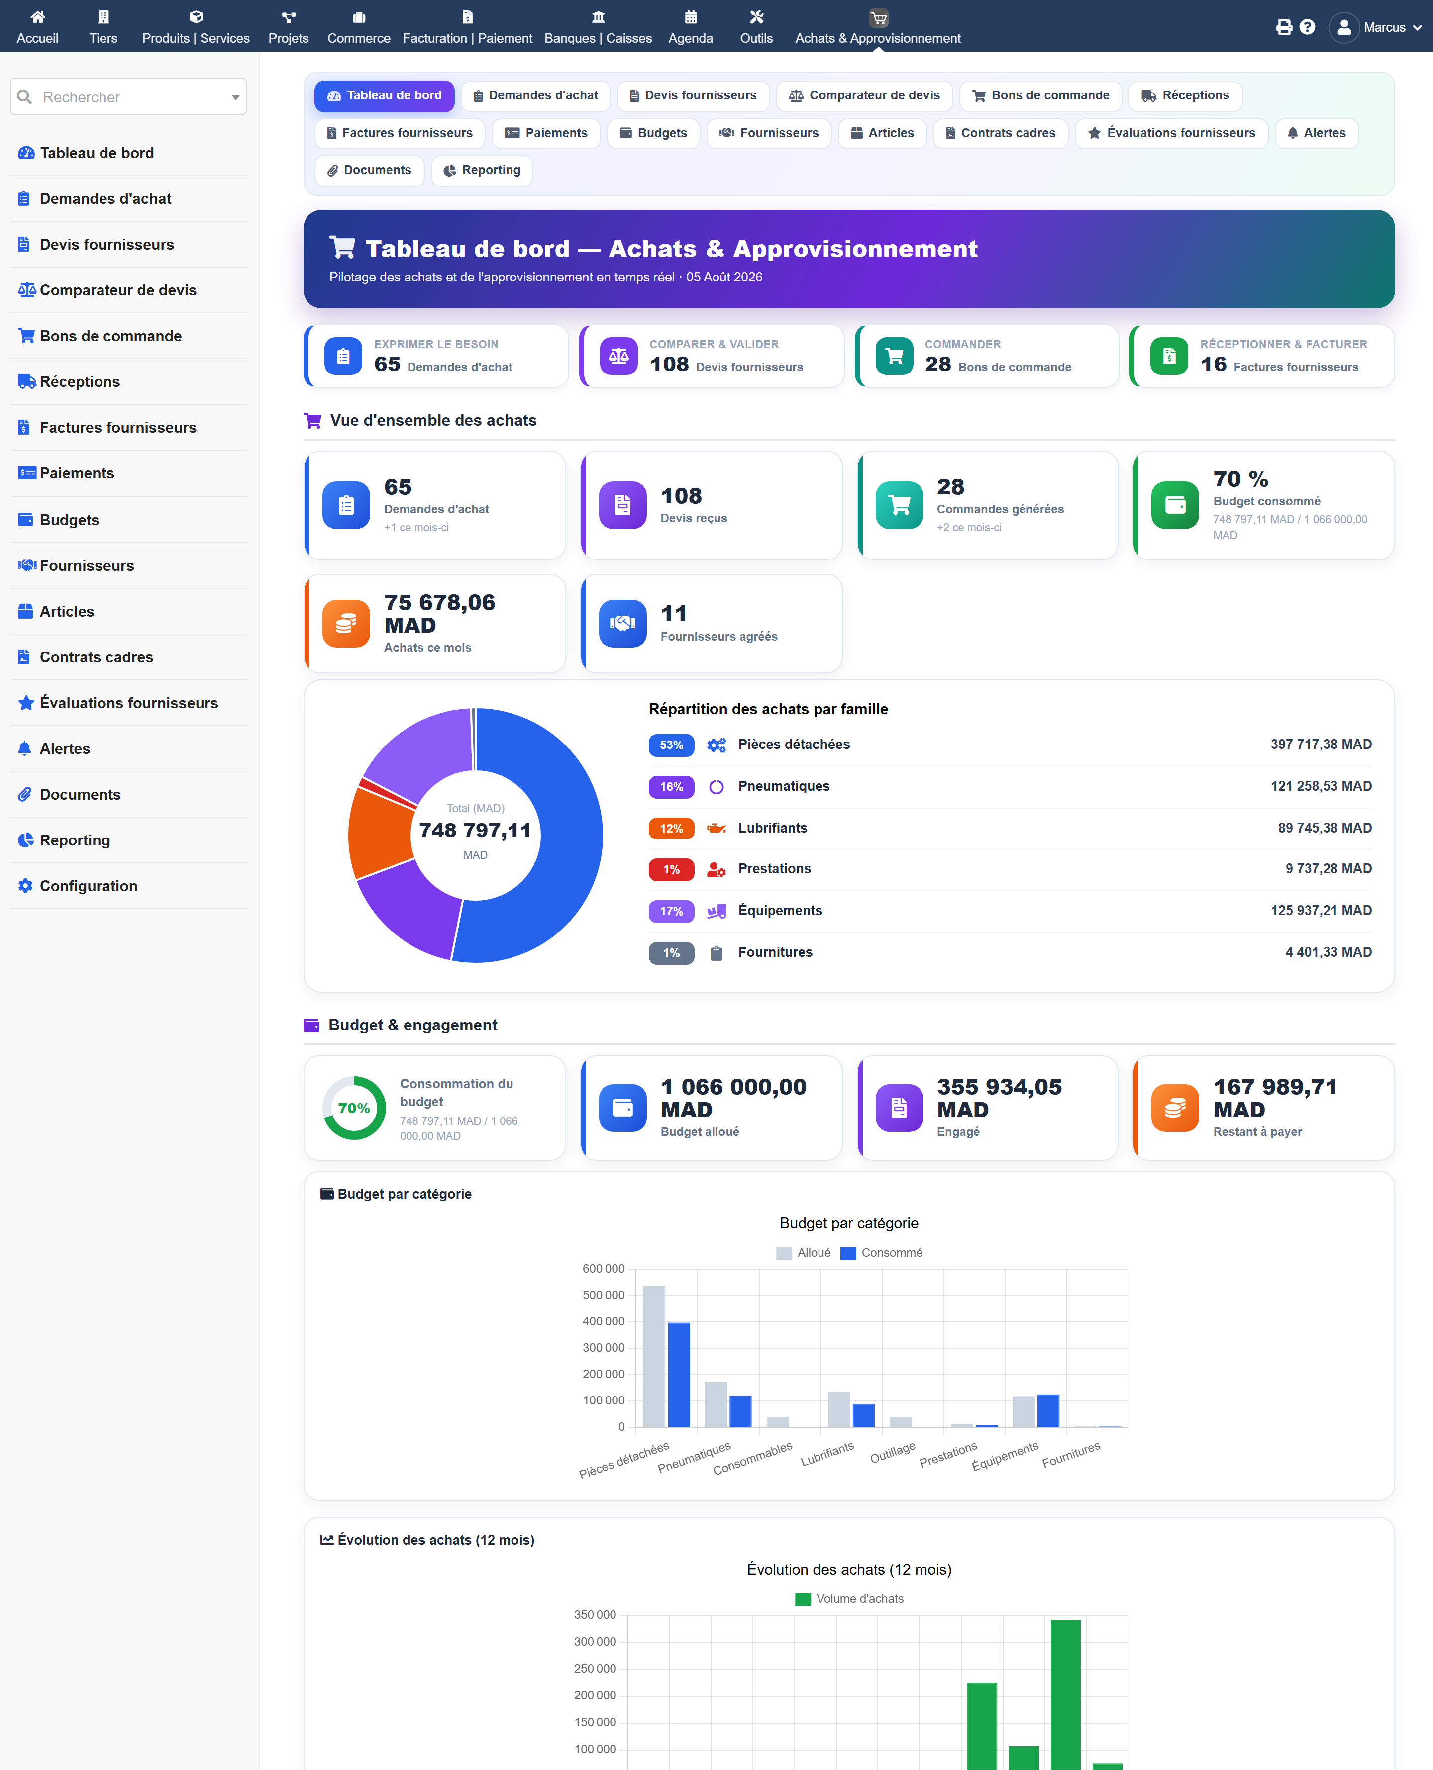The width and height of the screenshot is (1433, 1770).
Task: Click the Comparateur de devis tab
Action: (864, 95)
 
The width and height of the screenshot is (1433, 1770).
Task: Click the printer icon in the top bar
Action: (1284, 27)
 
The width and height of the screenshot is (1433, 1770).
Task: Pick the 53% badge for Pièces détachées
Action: (671, 745)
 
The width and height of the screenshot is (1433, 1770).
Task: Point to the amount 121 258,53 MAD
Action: (1321, 786)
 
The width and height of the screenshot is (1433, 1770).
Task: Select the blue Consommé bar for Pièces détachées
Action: (679, 1375)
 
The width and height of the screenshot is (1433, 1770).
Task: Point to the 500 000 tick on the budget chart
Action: (604, 1295)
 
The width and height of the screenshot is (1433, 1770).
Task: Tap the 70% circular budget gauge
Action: (354, 1108)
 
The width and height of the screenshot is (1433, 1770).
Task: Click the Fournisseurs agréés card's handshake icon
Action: (622, 623)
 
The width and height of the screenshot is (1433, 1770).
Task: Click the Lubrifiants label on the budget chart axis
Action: (827, 1454)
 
